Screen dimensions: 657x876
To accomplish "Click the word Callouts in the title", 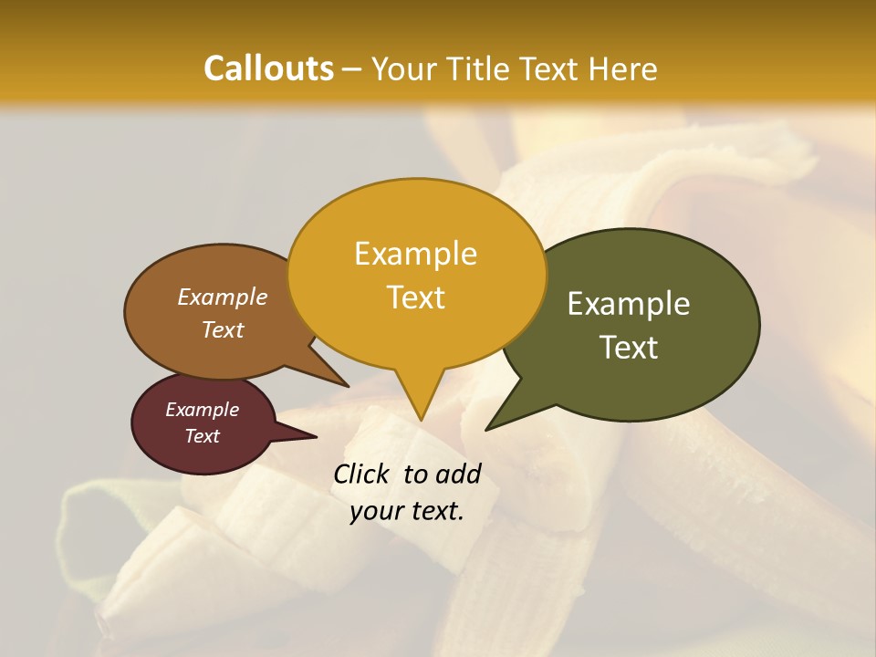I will pos(268,68).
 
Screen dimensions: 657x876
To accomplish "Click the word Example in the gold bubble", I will pos(415,254).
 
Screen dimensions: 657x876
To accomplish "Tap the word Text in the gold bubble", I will pos(415,297).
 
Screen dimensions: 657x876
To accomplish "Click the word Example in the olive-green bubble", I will pos(629,304).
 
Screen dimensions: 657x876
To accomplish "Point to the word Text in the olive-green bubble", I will pos(629,348).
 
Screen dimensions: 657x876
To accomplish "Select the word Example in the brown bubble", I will pos(223,297).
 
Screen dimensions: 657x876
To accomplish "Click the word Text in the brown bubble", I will pos(223,329).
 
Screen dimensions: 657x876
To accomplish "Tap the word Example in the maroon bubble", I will pos(202,410).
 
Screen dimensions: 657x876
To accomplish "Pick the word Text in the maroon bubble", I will pos(202,436).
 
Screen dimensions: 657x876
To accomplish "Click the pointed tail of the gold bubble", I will pos(420,415).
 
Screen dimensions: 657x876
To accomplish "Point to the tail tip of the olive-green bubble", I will pos(490,426).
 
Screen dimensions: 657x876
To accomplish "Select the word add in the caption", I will pos(458,474).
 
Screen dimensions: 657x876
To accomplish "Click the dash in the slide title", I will pos(353,68).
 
